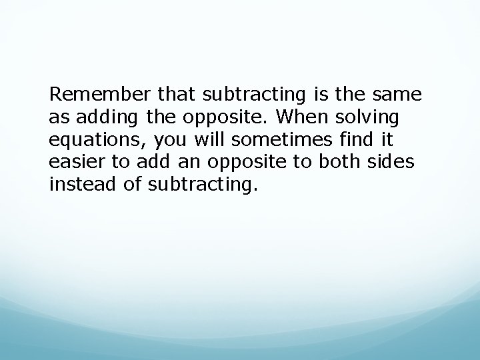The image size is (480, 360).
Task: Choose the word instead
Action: tap(78, 184)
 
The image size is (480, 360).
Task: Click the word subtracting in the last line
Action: tap(199, 184)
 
